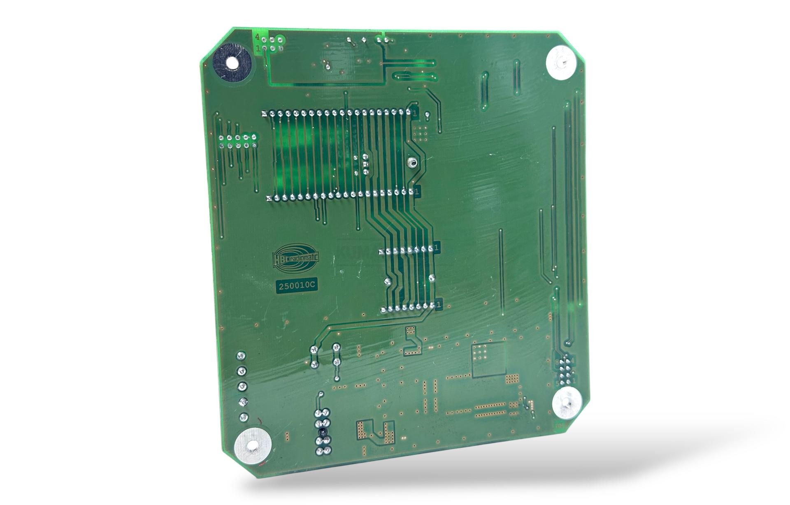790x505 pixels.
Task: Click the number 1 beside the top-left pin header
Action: (258, 49)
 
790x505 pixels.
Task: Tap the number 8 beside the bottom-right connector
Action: (557, 362)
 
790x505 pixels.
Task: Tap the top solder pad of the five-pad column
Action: (241, 356)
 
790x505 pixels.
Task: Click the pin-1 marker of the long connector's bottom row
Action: (418, 192)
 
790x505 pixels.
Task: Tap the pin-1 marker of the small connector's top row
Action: (436, 248)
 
